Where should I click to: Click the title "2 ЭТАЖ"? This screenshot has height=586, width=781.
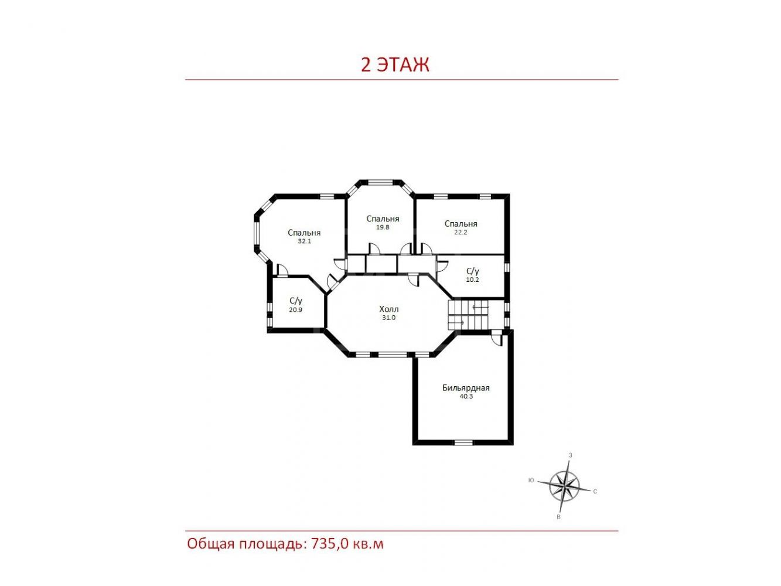(x=395, y=65)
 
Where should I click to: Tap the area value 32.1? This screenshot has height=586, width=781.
(x=304, y=241)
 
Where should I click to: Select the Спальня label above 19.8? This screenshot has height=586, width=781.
(x=383, y=219)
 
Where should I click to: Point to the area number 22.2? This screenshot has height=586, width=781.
(x=461, y=232)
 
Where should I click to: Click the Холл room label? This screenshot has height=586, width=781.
(x=388, y=309)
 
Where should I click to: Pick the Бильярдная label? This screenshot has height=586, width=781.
(x=466, y=388)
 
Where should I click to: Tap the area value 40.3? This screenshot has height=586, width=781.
(x=466, y=396)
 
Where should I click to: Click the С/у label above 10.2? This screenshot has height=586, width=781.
(x=472, y=271)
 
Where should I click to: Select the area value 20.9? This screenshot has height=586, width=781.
(x=296, y=309)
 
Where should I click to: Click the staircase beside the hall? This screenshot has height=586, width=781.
(x=468, y=315)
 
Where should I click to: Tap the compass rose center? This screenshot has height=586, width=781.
(x=564, y=485)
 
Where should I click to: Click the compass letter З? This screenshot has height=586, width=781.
(x=570, y=455)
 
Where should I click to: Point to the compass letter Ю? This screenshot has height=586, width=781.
(x=531, y=481)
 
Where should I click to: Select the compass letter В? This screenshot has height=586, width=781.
(x=558, y=517)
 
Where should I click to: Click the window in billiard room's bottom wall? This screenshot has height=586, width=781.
(x=463, y=442)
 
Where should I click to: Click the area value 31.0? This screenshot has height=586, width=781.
(x=388, y=318)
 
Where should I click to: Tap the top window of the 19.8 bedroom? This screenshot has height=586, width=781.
(x=380, y=182)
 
